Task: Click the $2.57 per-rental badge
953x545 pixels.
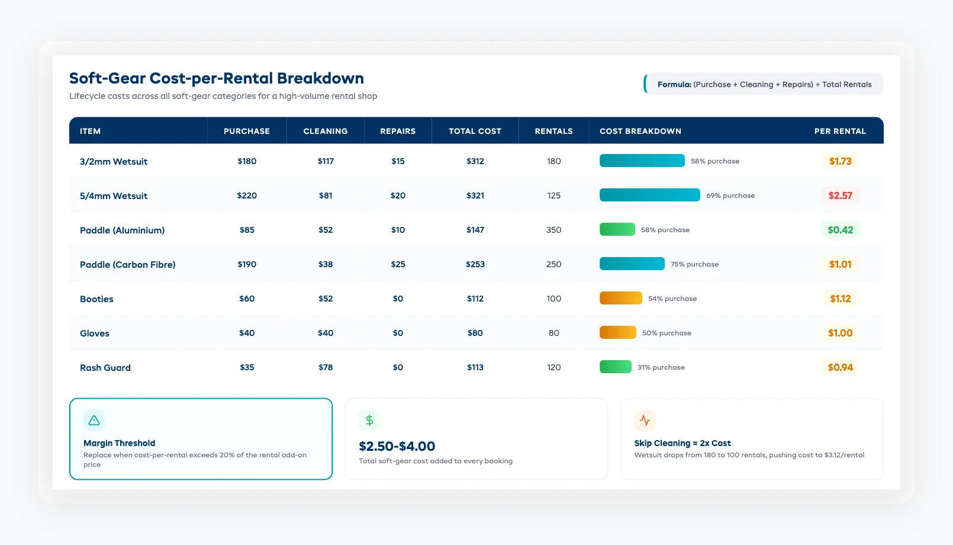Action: [840, 195]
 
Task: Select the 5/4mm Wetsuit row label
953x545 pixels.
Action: [114, 196]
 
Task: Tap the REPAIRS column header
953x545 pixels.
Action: [398, 131]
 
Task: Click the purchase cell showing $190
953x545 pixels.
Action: [247, 264]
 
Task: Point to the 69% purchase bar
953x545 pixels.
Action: [649, 195]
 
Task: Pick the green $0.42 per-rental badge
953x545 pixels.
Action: [840, 230]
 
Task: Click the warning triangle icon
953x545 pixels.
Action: [94, 421]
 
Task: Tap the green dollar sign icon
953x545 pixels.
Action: [369, 421]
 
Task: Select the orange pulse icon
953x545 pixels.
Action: [645, 421]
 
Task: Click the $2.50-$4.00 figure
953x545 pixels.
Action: [397, 446]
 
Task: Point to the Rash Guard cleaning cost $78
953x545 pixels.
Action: [326, 367]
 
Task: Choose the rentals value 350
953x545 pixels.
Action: [553, 230]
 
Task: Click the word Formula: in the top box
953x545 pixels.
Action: [674, 85]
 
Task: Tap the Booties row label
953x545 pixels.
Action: [96, 299]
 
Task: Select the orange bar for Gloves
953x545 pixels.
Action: [617, 333]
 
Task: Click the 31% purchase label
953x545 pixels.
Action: [661, 367]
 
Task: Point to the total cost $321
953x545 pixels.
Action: [475, 195]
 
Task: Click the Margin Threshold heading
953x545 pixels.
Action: [119, 443]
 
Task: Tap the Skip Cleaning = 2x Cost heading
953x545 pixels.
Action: [682, 443]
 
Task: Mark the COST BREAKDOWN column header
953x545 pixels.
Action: [640, 131]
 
